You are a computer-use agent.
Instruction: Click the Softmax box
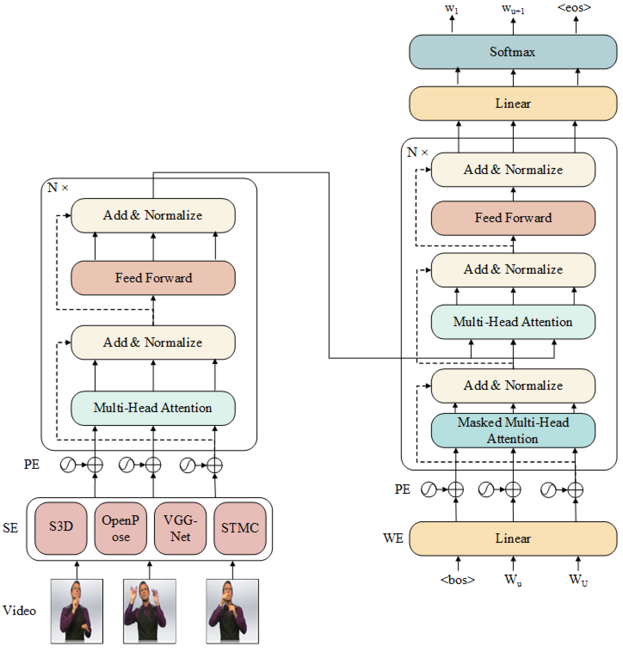[513, 52]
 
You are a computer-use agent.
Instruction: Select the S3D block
[61, 528]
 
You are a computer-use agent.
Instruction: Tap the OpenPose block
[120, 528]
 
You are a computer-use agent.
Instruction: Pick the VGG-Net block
[180, 528]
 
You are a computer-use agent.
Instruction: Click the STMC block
[240, 528]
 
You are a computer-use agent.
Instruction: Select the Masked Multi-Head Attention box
[513, 430]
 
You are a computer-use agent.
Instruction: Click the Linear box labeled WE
[513, 538]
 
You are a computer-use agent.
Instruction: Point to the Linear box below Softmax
[513, 103]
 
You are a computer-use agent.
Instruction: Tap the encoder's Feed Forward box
[153, 278]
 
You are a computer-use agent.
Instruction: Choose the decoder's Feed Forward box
[513, 218]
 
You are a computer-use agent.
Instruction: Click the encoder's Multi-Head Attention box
[153, 408]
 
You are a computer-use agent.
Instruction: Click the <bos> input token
[458, 580]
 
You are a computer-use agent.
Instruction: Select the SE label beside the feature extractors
[10, 528]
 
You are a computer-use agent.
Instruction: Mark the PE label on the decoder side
[402, 489]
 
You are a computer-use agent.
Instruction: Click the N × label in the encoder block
[58, 188]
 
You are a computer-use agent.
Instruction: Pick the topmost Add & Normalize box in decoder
[513, 170]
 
